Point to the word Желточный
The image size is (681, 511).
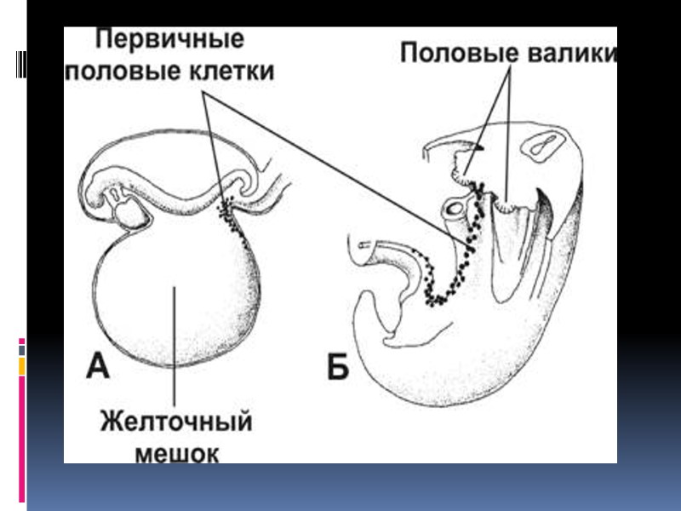(177, 422)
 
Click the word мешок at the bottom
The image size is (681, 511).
(177, 451)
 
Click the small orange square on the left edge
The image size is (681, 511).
(22, 365)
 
